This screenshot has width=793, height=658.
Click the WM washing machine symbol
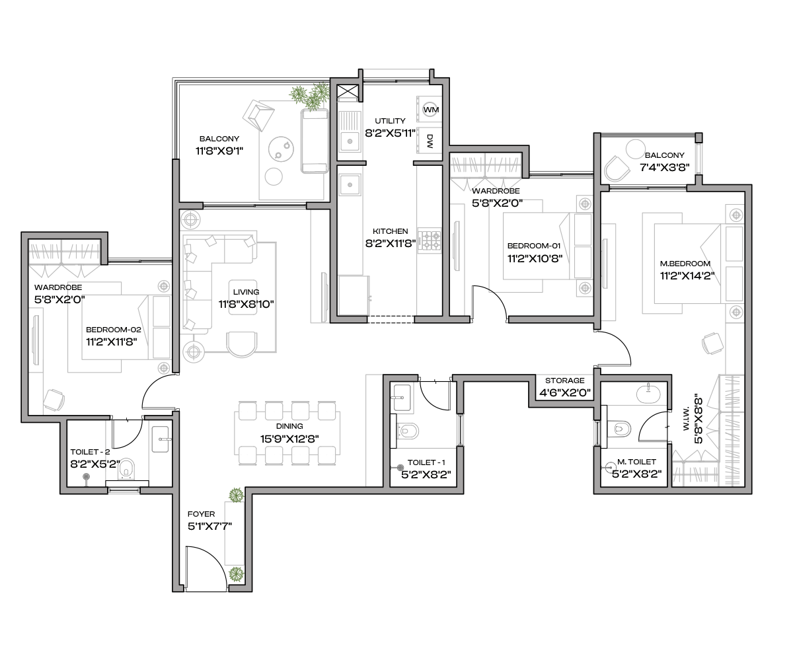click(431, 110)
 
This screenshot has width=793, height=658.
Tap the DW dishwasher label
click(430, 141)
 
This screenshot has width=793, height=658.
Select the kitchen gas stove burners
click(430, 240)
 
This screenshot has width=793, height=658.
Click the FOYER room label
click(202, 514)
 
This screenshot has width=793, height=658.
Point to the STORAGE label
click(565, 381)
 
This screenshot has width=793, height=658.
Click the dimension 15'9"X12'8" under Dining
click(289, 439)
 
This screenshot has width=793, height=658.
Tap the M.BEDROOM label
click(685, 264)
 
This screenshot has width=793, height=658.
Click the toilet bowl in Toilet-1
click(408, 431)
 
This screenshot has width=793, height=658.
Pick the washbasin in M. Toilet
click(648, 393)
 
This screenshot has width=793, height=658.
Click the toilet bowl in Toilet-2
click(126, 469)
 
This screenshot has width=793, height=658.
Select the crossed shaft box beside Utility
click(348, 92)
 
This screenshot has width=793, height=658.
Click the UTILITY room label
click(390, 121)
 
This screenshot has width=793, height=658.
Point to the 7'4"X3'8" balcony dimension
click(665, 167)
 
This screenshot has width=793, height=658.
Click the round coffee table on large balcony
click(281, 149)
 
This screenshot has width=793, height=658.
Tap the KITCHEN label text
click(391, 231)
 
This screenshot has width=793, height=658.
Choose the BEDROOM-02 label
click(114, 330)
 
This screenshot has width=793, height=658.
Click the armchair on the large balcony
click(258, 115)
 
